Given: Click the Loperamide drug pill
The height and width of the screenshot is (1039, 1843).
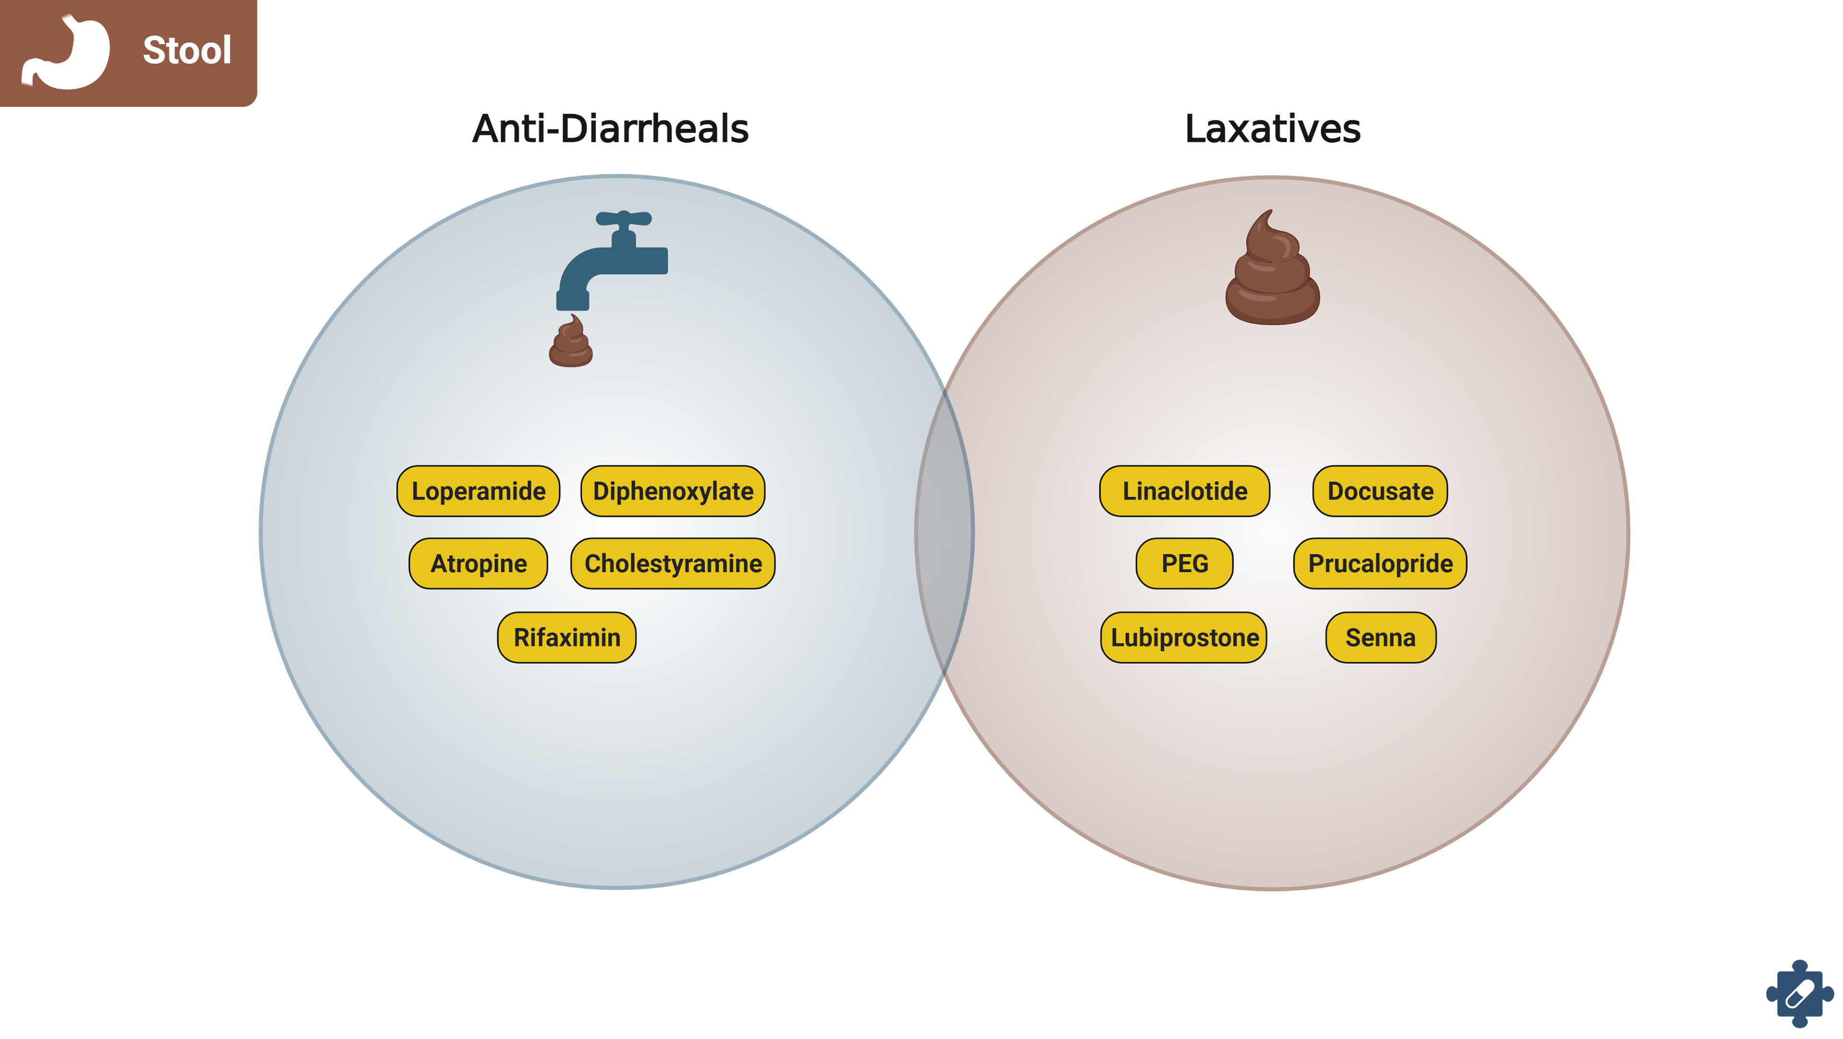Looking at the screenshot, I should click(x=478, y=491).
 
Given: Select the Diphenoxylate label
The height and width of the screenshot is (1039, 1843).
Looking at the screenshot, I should click(x=672, y=491).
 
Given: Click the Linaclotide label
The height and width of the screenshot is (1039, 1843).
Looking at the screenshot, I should click(x=1184, y=491).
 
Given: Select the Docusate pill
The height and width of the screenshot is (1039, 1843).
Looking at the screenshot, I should click(x=1379, y=491).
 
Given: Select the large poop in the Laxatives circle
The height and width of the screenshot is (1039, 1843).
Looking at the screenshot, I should click(x=1272, y=272).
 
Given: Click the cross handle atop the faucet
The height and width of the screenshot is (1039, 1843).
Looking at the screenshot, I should click(x=623, y=218).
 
